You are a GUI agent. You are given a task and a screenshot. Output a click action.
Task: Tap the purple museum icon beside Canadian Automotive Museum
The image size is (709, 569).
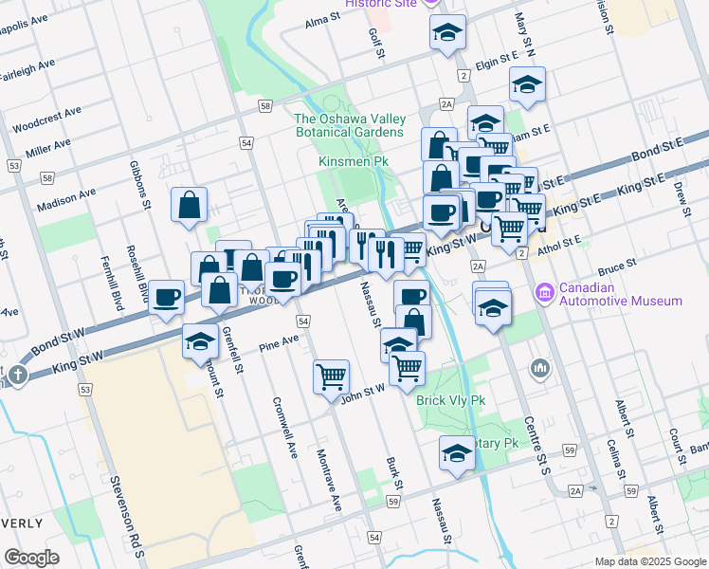pos(545,290)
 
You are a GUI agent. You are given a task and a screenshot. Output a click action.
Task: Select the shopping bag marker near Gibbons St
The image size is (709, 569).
pos(190,205)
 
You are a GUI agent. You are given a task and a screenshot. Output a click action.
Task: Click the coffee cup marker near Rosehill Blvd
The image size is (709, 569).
pos(167,297)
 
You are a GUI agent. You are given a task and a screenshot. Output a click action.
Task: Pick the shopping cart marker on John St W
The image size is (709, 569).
pos(332,376)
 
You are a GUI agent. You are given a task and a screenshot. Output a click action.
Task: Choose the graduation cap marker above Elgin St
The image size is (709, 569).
pos(446,33)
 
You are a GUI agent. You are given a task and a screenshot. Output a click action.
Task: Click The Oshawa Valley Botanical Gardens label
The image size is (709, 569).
pos(349,125)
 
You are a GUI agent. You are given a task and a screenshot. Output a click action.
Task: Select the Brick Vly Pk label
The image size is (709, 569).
pos(450,400)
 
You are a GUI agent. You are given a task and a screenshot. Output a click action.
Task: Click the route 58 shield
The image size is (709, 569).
pos(264,106)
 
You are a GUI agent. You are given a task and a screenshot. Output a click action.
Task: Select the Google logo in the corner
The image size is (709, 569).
pos(31,558)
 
